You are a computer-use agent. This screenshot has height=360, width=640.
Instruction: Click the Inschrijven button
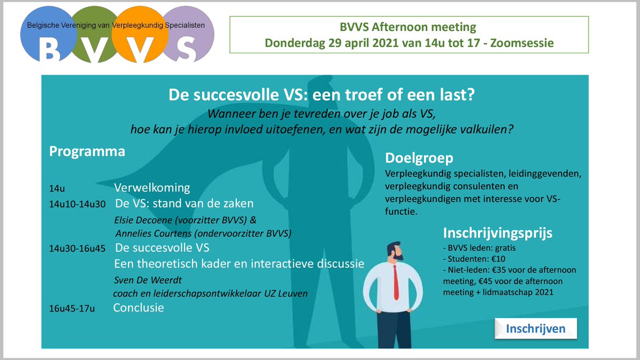(535, 329)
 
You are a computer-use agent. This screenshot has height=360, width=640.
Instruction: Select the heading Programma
(87, 151)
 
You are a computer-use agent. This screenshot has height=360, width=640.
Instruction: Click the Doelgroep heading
(419, 158)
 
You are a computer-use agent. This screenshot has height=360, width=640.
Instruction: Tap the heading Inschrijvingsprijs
(498, 233)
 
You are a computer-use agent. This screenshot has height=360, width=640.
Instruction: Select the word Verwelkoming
(152, 188)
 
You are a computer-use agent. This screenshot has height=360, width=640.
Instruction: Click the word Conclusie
(139, 308)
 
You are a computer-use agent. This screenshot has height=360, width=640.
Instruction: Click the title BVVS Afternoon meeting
(408, 27)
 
